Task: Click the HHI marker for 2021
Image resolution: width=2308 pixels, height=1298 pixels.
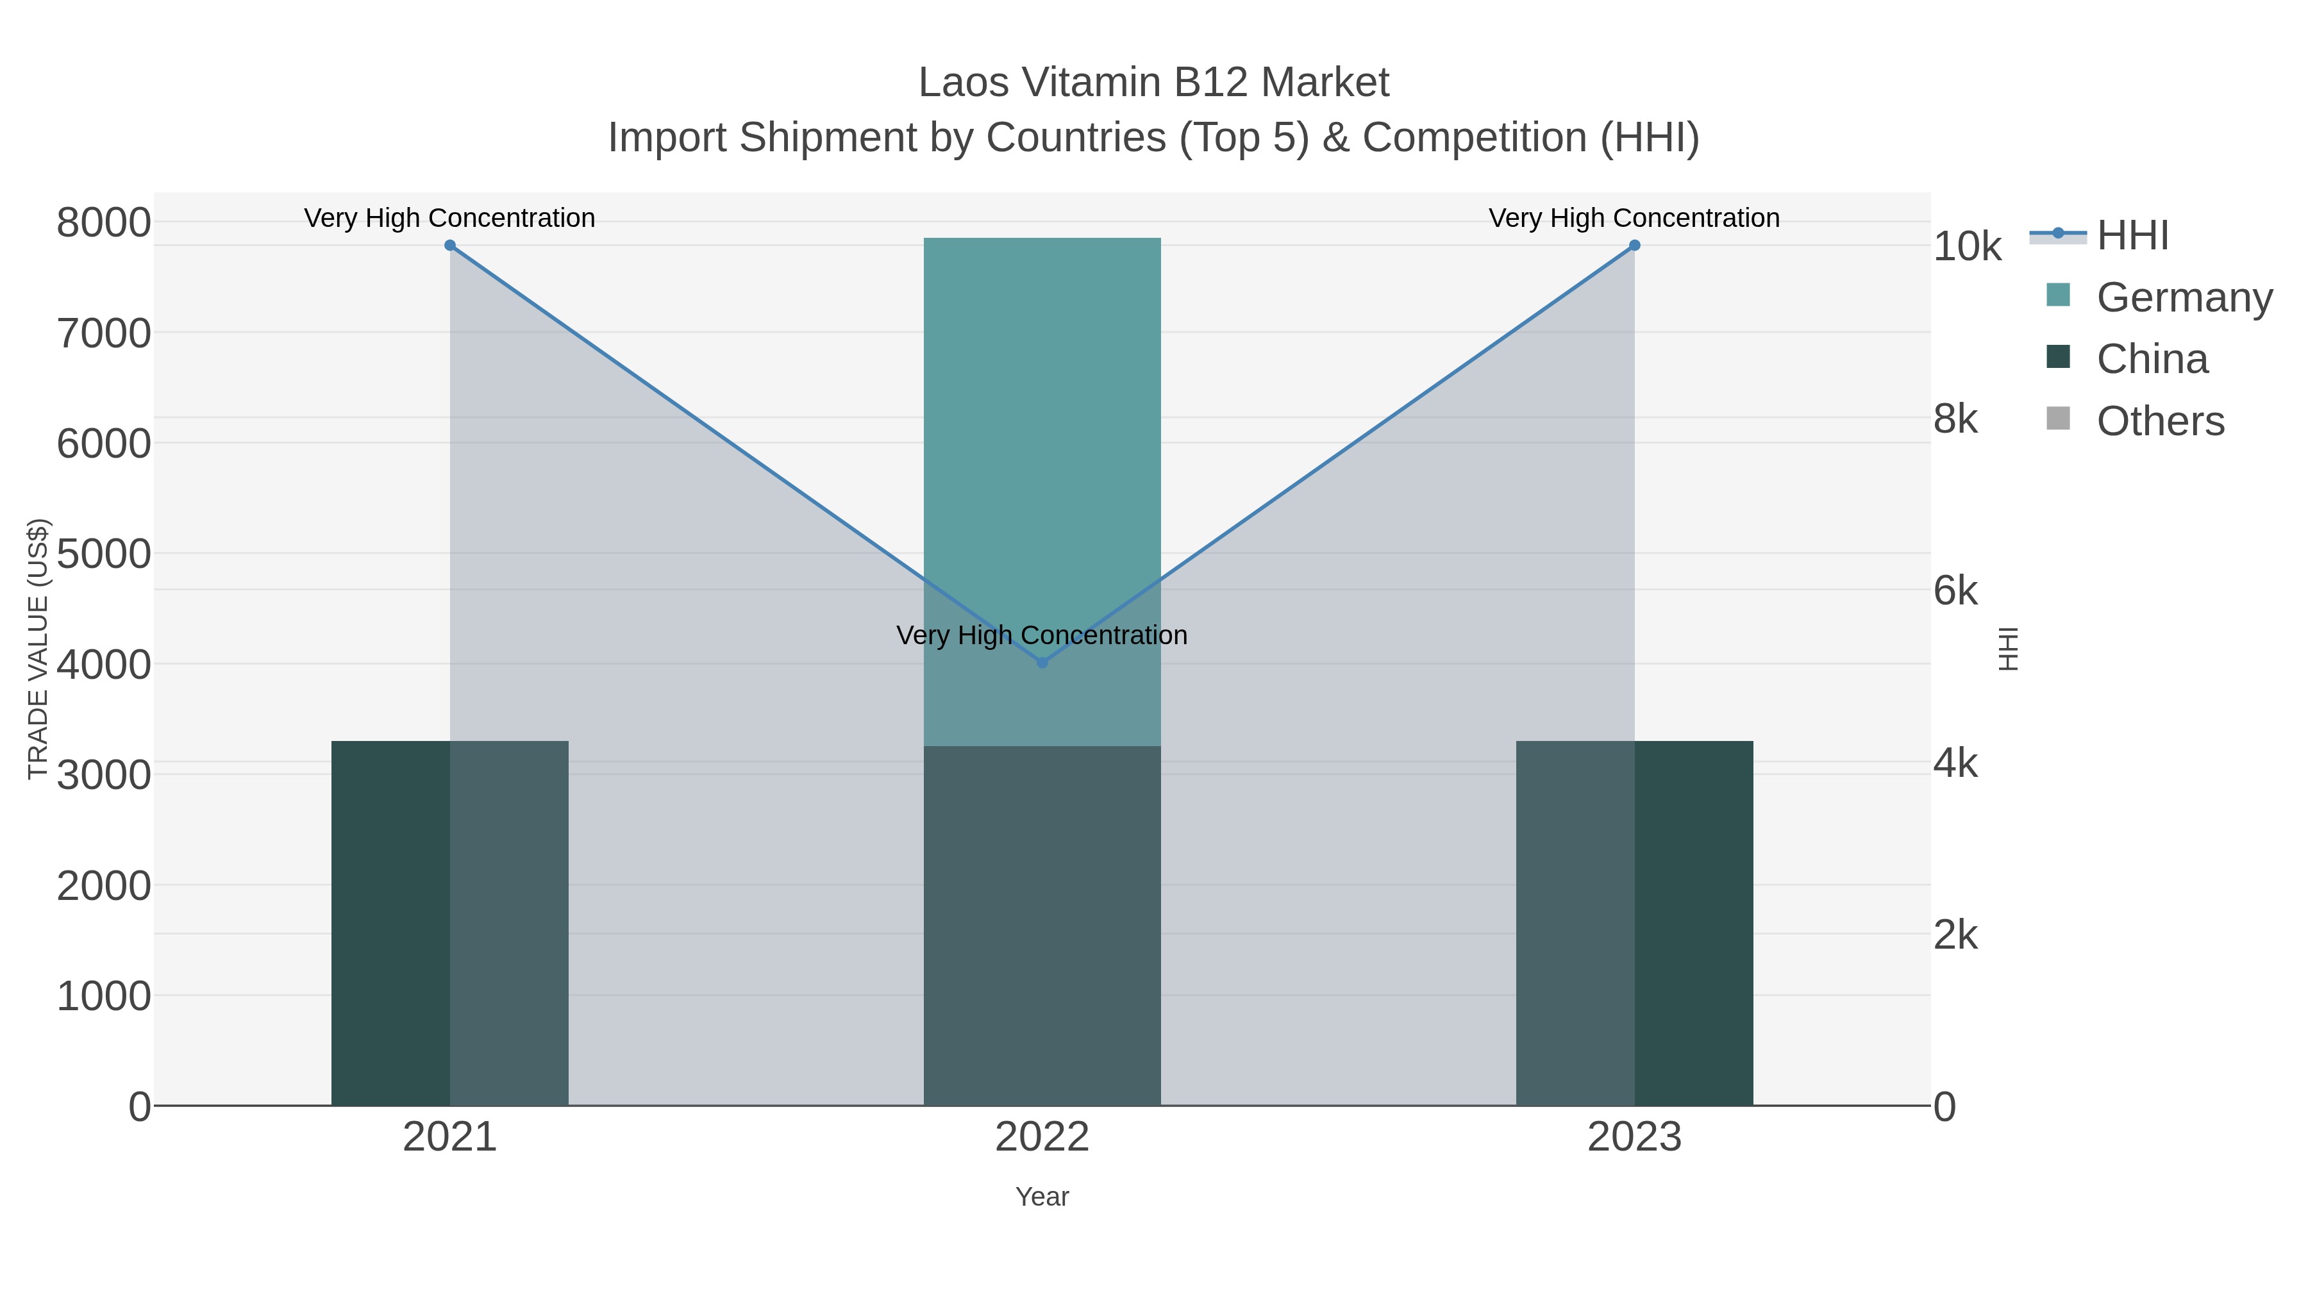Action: coord(450,245)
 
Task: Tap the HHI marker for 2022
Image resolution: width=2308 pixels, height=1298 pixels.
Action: coord(1041,663)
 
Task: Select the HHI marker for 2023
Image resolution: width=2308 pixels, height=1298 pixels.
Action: coord(1634,245)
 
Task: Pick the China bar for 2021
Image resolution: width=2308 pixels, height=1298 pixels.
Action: coord(450,922)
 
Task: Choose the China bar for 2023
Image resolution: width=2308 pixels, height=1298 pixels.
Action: coord(1634,922)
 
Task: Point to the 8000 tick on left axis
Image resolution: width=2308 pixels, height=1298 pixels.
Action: coord(104,222)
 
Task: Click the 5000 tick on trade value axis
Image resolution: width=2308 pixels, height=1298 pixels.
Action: coord(104,554)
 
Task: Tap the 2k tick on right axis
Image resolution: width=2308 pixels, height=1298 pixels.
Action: coord(1955,935)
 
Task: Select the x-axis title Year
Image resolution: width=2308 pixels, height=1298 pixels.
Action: coord(1041,1197)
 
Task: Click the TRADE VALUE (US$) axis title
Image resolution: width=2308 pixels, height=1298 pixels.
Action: coord(38,649)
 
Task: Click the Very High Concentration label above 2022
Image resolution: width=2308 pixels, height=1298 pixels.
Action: coord(1041,635)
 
